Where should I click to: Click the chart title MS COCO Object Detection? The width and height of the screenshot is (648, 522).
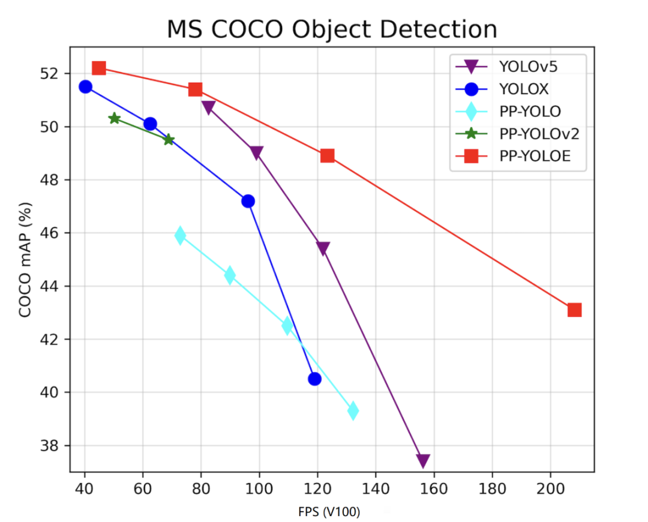tap(332, 29)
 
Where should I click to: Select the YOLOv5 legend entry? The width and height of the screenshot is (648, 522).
tap(528, 66)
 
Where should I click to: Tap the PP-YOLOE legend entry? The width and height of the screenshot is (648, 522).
tap(534, 156)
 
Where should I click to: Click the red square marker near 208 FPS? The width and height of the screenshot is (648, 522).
tap(574, 310)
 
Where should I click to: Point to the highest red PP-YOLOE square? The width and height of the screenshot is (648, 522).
tap(99, 68)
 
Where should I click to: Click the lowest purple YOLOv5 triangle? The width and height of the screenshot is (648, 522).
tap(423, 461)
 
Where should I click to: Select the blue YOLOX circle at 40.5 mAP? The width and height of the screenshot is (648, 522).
tap(314, 379)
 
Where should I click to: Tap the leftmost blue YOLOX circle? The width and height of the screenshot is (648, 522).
tap(85, 86)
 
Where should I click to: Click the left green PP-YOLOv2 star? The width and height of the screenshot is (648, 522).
tap(115, 118)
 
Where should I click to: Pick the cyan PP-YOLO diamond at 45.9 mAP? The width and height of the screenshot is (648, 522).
tap(180, 236)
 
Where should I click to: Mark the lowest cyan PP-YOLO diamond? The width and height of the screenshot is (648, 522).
tap(353, 411)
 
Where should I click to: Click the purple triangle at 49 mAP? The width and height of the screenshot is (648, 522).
tap(257, 153)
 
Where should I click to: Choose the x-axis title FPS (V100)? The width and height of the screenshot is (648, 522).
tap(329, 512)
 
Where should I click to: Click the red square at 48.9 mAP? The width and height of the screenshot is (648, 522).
tap(327, 155)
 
